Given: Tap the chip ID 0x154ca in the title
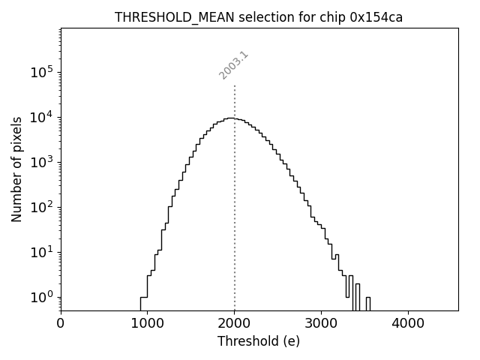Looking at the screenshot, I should (376, 17).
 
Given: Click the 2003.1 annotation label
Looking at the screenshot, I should (234, 65).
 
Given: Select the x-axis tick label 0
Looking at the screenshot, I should (61, 325).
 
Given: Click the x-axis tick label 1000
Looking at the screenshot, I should (148, 325).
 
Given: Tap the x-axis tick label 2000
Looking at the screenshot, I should (235, 325).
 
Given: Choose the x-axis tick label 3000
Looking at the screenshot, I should (321, 325).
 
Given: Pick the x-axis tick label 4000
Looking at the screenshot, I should (408, 325).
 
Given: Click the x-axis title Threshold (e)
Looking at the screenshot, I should (259, 341).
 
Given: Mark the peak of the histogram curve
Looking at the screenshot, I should (232, 118).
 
